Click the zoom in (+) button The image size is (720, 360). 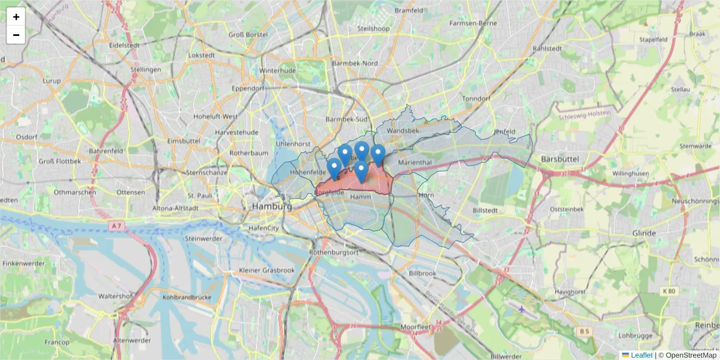tap(16, 17)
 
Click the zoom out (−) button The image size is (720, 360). tap(16, 35)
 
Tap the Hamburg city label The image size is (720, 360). tap(272, 206)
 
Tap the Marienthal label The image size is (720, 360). tap(415, 163)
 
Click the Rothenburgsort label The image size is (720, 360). tap(334, 253)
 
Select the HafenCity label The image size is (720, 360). tap(264, 228)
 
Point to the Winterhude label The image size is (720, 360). tap(277, 70)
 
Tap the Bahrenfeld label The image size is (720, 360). tap(106, 151)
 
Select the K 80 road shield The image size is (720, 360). tap(668, 291)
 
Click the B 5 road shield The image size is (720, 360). tap(584, 331)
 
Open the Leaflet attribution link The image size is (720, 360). tap(641, 355)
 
